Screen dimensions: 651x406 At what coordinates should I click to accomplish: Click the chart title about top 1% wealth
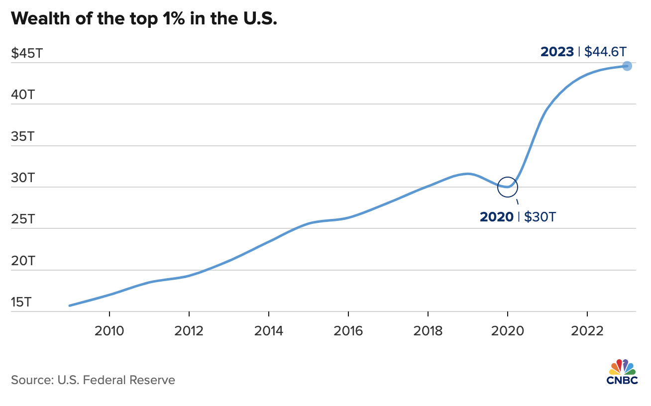click(x=144, y=18)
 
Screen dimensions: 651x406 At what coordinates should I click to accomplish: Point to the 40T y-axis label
click(x=22, y=95)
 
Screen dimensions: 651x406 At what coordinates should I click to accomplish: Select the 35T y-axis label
click(x=22, y=136)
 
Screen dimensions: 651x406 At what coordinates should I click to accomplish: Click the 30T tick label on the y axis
click(x=22, y=178)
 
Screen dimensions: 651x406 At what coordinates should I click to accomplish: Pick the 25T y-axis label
click(x=22, y=219)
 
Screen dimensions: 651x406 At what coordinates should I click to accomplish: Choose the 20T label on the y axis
click(x=22, y=261)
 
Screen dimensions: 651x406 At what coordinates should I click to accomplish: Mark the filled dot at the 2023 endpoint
click(x=627, y=66)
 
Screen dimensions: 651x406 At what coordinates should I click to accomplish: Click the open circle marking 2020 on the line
click(x=508, y=187)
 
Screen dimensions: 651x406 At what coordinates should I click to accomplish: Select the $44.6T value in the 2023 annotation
click(x=605, y=52)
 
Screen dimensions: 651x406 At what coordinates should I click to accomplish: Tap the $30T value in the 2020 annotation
click(x=540, y=217)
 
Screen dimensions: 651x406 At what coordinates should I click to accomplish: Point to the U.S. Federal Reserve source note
click(x=93, y=380)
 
